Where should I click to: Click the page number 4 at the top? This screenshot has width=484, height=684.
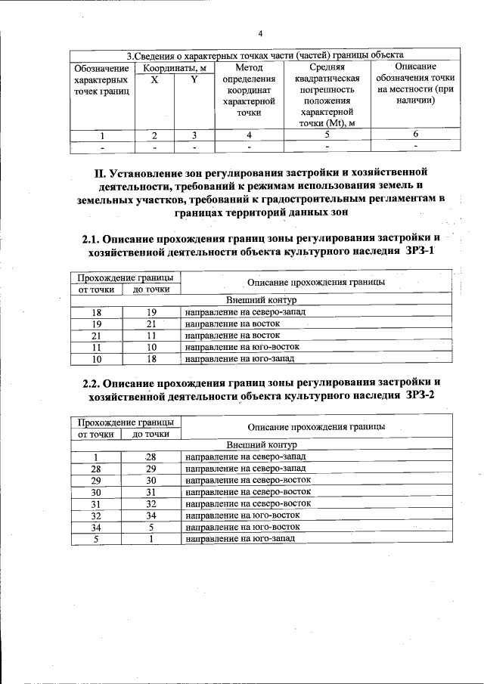[x=260, y=34]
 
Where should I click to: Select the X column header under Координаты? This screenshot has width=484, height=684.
[x=154, y=79]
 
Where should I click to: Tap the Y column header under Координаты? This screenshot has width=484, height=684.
[x=194, y=79]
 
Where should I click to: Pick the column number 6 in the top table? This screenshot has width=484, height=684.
[x=415, y=135]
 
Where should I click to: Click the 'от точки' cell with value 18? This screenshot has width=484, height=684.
[x=96, y=311]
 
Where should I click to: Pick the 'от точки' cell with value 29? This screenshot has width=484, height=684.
[x=96, y=480]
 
